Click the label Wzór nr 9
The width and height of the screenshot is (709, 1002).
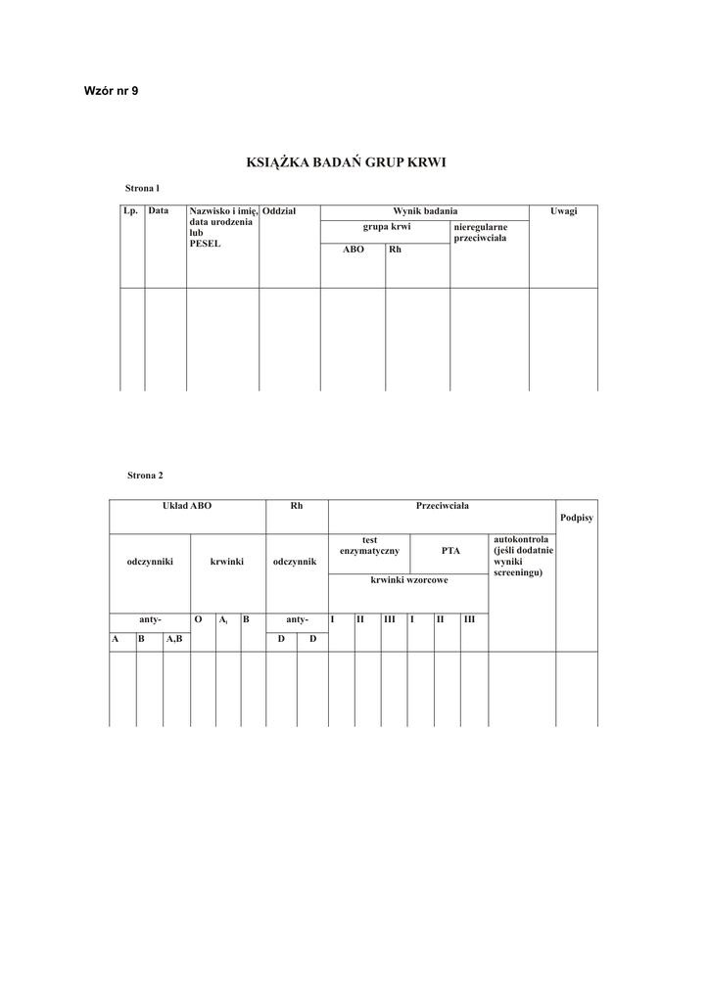[111, 91]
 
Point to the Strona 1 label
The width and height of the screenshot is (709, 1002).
[142, 186]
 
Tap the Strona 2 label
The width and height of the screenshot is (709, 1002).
[145, 475]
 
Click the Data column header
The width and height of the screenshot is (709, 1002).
[159, 210]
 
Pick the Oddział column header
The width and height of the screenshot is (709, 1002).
[280, 210]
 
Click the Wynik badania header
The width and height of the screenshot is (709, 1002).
[425, 210]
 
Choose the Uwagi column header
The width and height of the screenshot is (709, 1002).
[563, 210]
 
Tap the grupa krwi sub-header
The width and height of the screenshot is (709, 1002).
[387, 227]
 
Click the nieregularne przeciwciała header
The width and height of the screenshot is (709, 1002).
[481, 232]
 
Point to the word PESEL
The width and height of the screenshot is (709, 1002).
[205, 243]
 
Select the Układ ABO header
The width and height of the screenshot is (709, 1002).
[186, 506]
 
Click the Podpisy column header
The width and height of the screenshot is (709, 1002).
[576, 517]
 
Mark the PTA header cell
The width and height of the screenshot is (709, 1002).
[450, 551]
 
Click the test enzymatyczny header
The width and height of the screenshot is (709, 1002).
[369, 545]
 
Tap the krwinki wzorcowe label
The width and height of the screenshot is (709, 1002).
[409, 580]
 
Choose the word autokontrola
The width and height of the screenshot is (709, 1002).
[521, 539]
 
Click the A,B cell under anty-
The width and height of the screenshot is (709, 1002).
[174, 638]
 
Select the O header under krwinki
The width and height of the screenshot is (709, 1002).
[199, 619]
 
